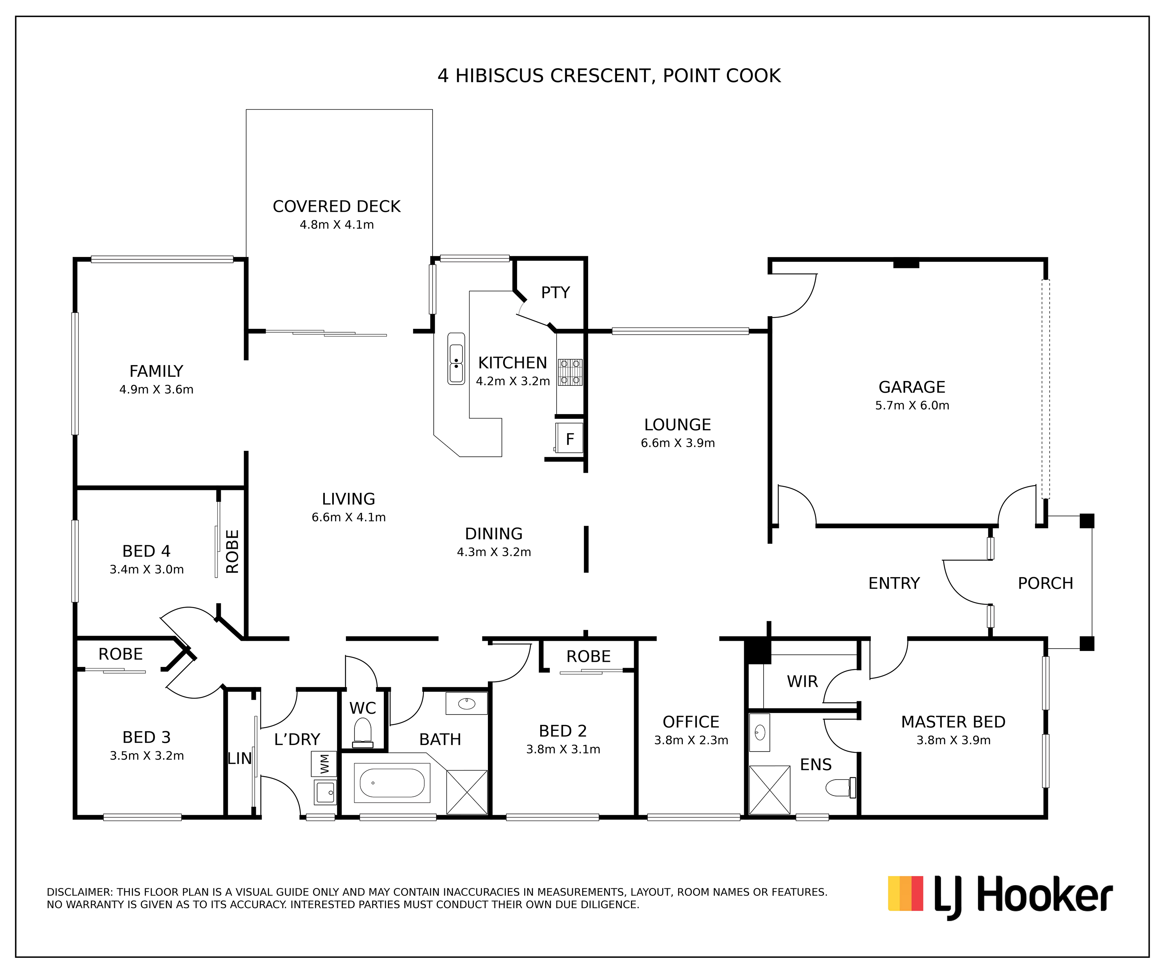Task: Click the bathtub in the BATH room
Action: click(x=392, y=783)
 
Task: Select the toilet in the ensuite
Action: click(x=840, y=788)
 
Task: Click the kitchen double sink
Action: click(x=456, y=359)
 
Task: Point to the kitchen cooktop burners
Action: click(x=570, y=372)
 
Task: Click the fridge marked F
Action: click(x=569, y=438)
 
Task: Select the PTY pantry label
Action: click(x=555, y=292)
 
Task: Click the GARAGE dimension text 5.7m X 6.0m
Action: click(x=912, y=405)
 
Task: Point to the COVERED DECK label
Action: click(x=337, y=206)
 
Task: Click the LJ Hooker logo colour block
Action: click(x=905, y=893)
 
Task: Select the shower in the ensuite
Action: click(x=769, y=790)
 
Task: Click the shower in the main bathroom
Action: click(x=467, y=792)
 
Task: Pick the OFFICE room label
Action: click(x=691, y=722)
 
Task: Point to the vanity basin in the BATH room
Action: click(x=466, y=704)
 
